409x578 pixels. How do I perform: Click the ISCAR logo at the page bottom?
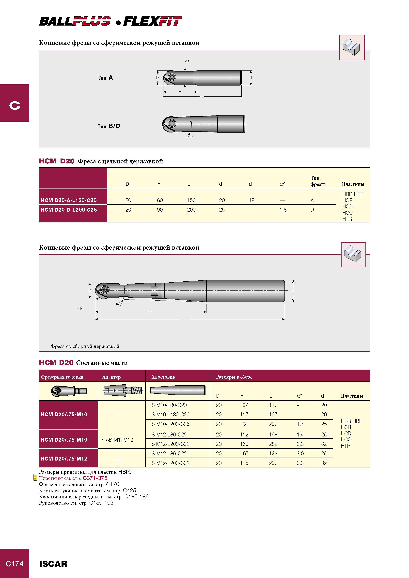[x=53, y=564]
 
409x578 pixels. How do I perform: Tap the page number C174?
[x=15, y=563]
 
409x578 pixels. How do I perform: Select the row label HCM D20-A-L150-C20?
[x=69, y=200]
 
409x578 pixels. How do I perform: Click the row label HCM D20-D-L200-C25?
[x=69, y=210]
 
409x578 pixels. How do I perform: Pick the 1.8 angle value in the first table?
[x=283, y=210]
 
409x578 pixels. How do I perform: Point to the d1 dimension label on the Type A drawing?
[x=187, y=61]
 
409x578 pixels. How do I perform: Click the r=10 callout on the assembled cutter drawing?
[x=80, y=308]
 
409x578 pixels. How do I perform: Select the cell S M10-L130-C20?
[x=170, y=414]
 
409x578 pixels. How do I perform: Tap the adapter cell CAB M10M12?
[x=117, y=440]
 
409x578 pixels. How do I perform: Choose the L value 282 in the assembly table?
[x=273, y=444]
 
